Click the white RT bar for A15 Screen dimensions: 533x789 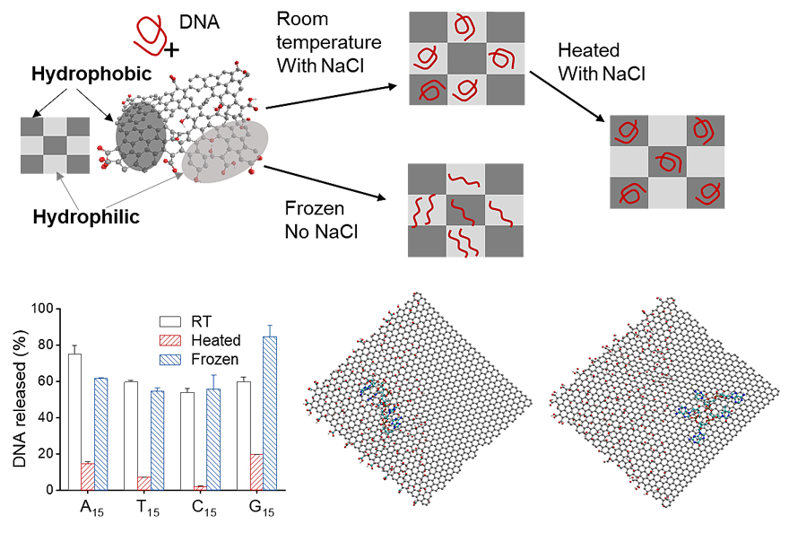coord(75,422)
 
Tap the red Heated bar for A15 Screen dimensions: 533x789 coord(88,476)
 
